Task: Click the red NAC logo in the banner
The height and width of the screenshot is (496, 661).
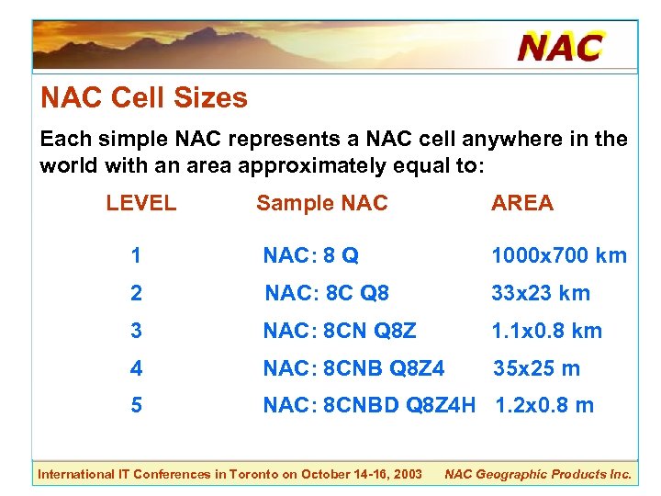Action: (560, 46)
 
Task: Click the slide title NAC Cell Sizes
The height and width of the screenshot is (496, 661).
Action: (144, 98)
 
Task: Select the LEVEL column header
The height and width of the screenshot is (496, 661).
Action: (141, 204)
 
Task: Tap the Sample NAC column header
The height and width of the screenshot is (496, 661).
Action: (322, 204)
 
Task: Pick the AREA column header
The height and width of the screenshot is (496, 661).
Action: (522, 204)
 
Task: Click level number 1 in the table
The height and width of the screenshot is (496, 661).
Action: (136, 256)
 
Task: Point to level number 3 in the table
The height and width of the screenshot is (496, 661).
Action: (136, 331)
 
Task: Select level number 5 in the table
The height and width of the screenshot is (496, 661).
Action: (136, 405)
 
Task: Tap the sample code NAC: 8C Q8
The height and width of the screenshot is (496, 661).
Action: (327, 294)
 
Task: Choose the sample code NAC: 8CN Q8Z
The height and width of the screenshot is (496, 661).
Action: (340, 331)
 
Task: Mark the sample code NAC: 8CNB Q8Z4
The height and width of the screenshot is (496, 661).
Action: (353, 368)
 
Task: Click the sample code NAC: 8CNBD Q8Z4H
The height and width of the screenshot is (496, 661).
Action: (369, 405)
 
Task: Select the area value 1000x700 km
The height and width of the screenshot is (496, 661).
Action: (559, 256)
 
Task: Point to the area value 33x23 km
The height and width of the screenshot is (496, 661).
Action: (541, 294)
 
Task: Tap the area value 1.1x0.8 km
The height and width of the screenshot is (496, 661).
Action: (547, 331)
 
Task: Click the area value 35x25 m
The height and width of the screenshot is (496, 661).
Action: (537, 368)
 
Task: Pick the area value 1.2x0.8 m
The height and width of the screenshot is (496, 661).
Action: (544, 405)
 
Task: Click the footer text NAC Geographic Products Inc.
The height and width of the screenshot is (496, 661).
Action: (538, 474)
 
